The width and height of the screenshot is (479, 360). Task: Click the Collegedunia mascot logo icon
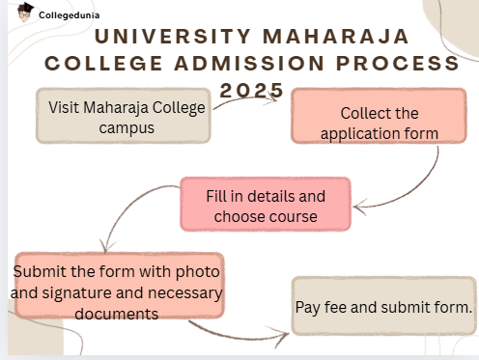(24, 14)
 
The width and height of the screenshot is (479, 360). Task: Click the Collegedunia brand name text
(69, 15)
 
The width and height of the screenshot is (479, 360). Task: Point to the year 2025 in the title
(252, 90)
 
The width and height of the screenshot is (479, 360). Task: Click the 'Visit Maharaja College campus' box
(127, 116)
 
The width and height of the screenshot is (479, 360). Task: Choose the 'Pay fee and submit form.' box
(383, 307)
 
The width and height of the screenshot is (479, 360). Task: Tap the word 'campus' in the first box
(127, 126)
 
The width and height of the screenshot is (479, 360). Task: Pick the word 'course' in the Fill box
(293, 216)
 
